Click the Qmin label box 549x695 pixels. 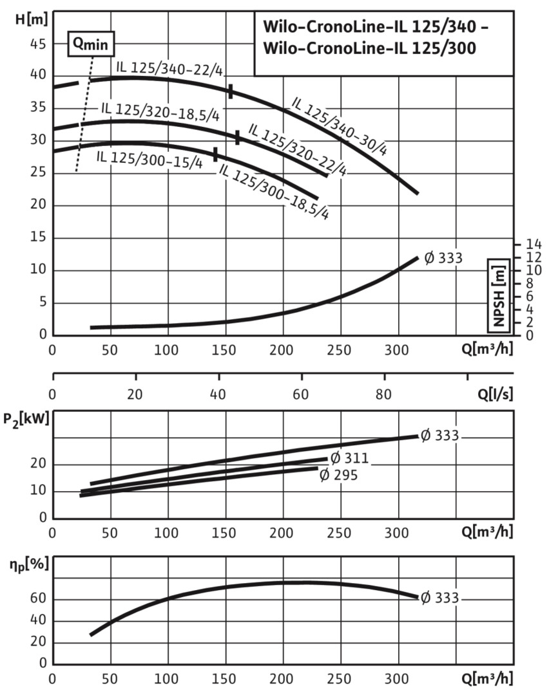click(x=92, y=43)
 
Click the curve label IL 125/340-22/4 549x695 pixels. click(x=169, y=67)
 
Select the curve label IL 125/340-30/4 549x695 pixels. click(x=340, y=126)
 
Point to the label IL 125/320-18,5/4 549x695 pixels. click(x=160, y=111)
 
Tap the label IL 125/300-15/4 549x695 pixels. click(x=149, y=159)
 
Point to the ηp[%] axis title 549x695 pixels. click(x=30, y=566)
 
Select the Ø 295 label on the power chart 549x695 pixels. click(x=338, y=475)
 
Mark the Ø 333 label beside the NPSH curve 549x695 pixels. click(x=443, y=259)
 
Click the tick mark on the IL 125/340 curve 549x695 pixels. click(x=230, y=91)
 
